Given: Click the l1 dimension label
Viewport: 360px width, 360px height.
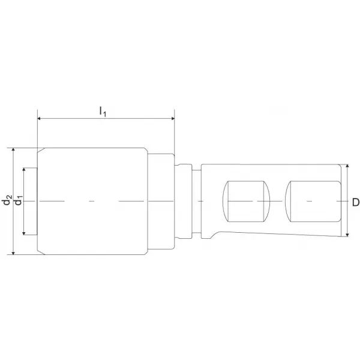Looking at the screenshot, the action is click(103, 112).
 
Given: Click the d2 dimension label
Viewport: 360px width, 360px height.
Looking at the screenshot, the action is click(7, 200).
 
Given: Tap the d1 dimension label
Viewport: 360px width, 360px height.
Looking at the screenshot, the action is click(18, 200).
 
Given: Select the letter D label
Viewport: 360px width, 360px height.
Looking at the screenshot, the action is click(356, 202).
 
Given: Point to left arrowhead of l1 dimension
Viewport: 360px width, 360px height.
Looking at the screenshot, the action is click(39, 118).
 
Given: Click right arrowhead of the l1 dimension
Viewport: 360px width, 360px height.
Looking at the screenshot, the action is click(173, 118).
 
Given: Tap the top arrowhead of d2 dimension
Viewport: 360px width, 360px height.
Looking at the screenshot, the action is click(13, 149).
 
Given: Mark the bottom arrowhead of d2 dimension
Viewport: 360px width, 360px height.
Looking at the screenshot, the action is click(13, 253).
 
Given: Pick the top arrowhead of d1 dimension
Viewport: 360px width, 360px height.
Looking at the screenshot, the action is click(24, 170).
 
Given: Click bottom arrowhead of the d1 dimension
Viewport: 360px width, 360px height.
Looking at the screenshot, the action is click(24, 233).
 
